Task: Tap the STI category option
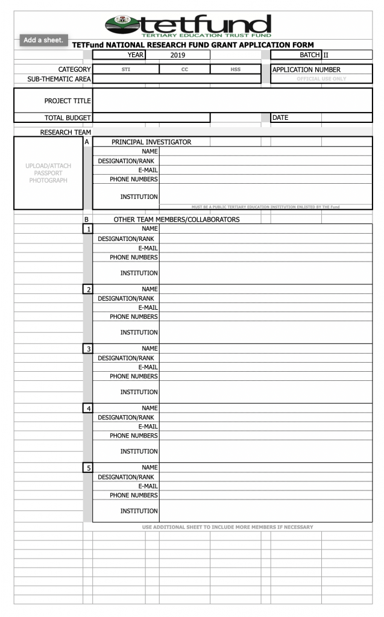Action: tap(125, 69)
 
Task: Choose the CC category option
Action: tap(184, 69)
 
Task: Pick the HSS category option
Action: tap(235, 69)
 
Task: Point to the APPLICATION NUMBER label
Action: tap(306, 69)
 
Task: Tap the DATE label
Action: tap(280, 117)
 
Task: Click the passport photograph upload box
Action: tap(48, 173)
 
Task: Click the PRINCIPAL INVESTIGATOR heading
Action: tap(151, 142)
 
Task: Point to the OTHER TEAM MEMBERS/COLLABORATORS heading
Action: tap(177, 219)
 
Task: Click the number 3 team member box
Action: tap(88, 348)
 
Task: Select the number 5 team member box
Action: tap(88, 468)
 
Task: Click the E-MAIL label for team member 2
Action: tap(148, 307)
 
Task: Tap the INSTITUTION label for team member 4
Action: tap(139, 451)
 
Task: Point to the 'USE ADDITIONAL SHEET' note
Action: tap(227, 527)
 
